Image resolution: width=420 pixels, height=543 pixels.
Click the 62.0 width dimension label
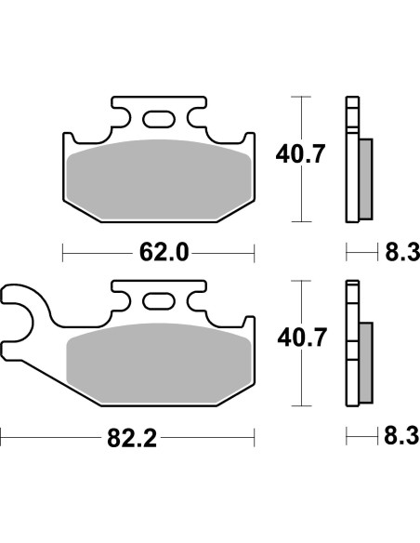pyautogui.click(x=157, y=252)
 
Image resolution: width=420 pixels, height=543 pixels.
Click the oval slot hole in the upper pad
pyautogui.click(x=158, y=118)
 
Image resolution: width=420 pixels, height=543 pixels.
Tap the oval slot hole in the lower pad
pyautogui.click(x=158, y=302)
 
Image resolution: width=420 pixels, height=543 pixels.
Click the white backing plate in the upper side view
pyautogui.click(x=350, y=158)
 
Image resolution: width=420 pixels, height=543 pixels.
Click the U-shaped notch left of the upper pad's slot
pyautogui.click(x=124, y=119)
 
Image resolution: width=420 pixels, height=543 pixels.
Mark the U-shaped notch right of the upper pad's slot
pyautogui.click(x=192, y=119)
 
